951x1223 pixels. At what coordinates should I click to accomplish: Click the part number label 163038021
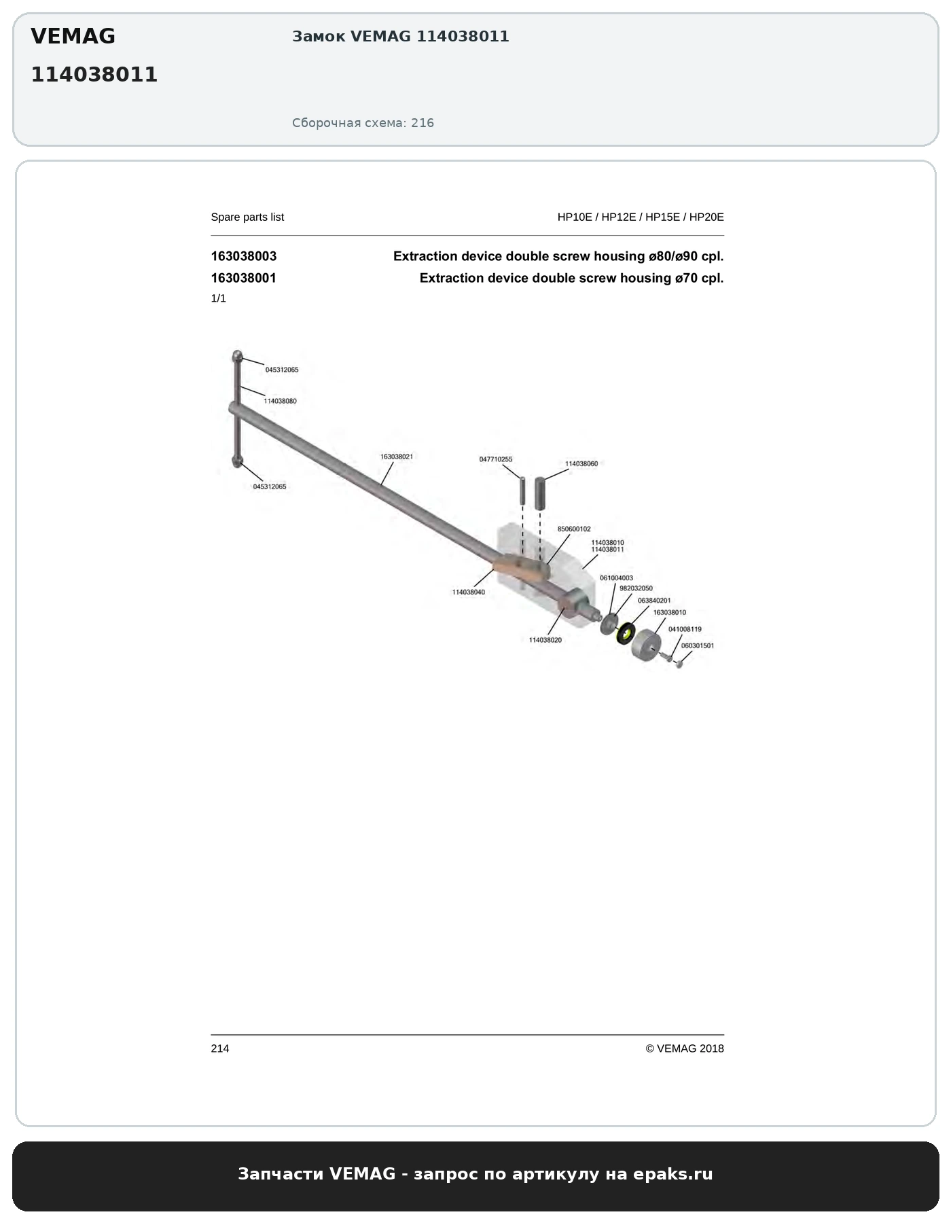[x=397, y=457]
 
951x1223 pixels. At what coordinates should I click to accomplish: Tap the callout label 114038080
[x=281, y=401]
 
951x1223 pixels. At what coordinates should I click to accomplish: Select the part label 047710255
[x=496, y=459]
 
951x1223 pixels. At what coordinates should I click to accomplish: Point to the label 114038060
[x=581, y=463]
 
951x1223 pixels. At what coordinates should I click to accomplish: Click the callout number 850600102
[x=574, y=529]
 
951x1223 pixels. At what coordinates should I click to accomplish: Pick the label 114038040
[x=469, y=592]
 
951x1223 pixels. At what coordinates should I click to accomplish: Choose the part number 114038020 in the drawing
[x=545, y=640]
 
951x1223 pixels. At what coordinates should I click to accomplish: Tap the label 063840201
[x=654, y=601]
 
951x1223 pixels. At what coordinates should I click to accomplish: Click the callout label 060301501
[x=698, y=645]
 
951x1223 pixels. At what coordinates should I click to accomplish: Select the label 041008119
[x=685, y=629]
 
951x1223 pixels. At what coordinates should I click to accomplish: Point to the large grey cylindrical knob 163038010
[x=646, y=645]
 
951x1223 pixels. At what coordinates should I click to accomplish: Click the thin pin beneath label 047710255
[x=523, y=490]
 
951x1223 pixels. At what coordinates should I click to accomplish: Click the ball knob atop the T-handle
[x=237, y=355]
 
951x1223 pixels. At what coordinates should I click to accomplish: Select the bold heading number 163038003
[x=244, y=256]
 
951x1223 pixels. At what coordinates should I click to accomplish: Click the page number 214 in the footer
[x=220, y=1048]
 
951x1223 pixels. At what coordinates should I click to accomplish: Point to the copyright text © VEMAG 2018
[x=685, y=1048]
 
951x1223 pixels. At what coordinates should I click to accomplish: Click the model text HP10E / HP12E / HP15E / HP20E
[x=641, y=217]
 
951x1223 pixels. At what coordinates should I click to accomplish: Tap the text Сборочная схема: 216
[x=363, y=123]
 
